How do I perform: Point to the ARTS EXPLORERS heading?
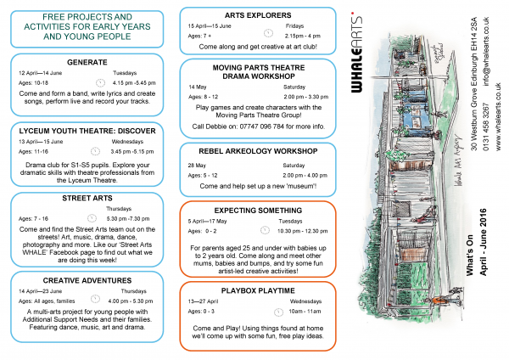pyautogui.click(x=260, y=15)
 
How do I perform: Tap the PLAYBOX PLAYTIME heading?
pyautogui.click(x=260, y=289)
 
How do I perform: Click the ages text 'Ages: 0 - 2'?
pyautogui.click(x=203, y=229)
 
